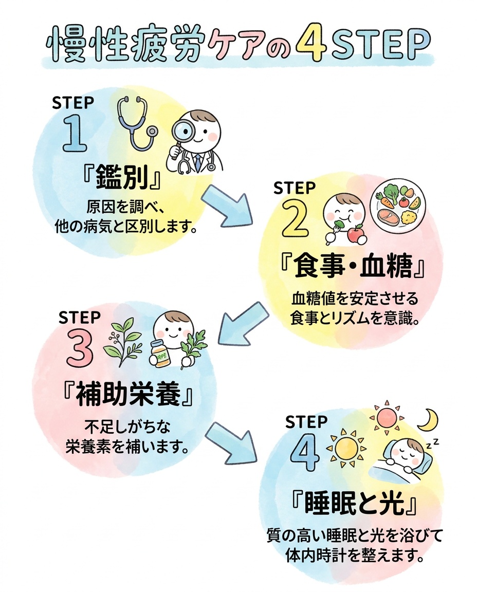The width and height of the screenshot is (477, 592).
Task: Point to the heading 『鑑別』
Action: click(x=121, y=177)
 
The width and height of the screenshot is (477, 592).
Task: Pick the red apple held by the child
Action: click(x=356, y=234)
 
